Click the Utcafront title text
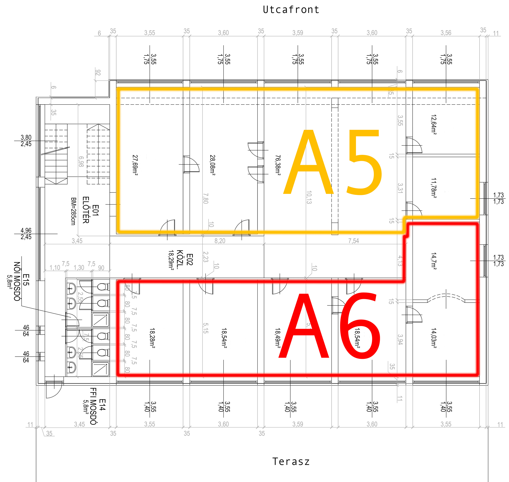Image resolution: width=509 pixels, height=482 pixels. coord(291,10)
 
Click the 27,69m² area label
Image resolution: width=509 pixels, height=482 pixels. coord(135,165)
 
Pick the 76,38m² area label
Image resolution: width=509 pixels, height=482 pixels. coord(278,165)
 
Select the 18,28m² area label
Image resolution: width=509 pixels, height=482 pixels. coord(152,338)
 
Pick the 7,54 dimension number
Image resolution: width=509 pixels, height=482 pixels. coord(354,241)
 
